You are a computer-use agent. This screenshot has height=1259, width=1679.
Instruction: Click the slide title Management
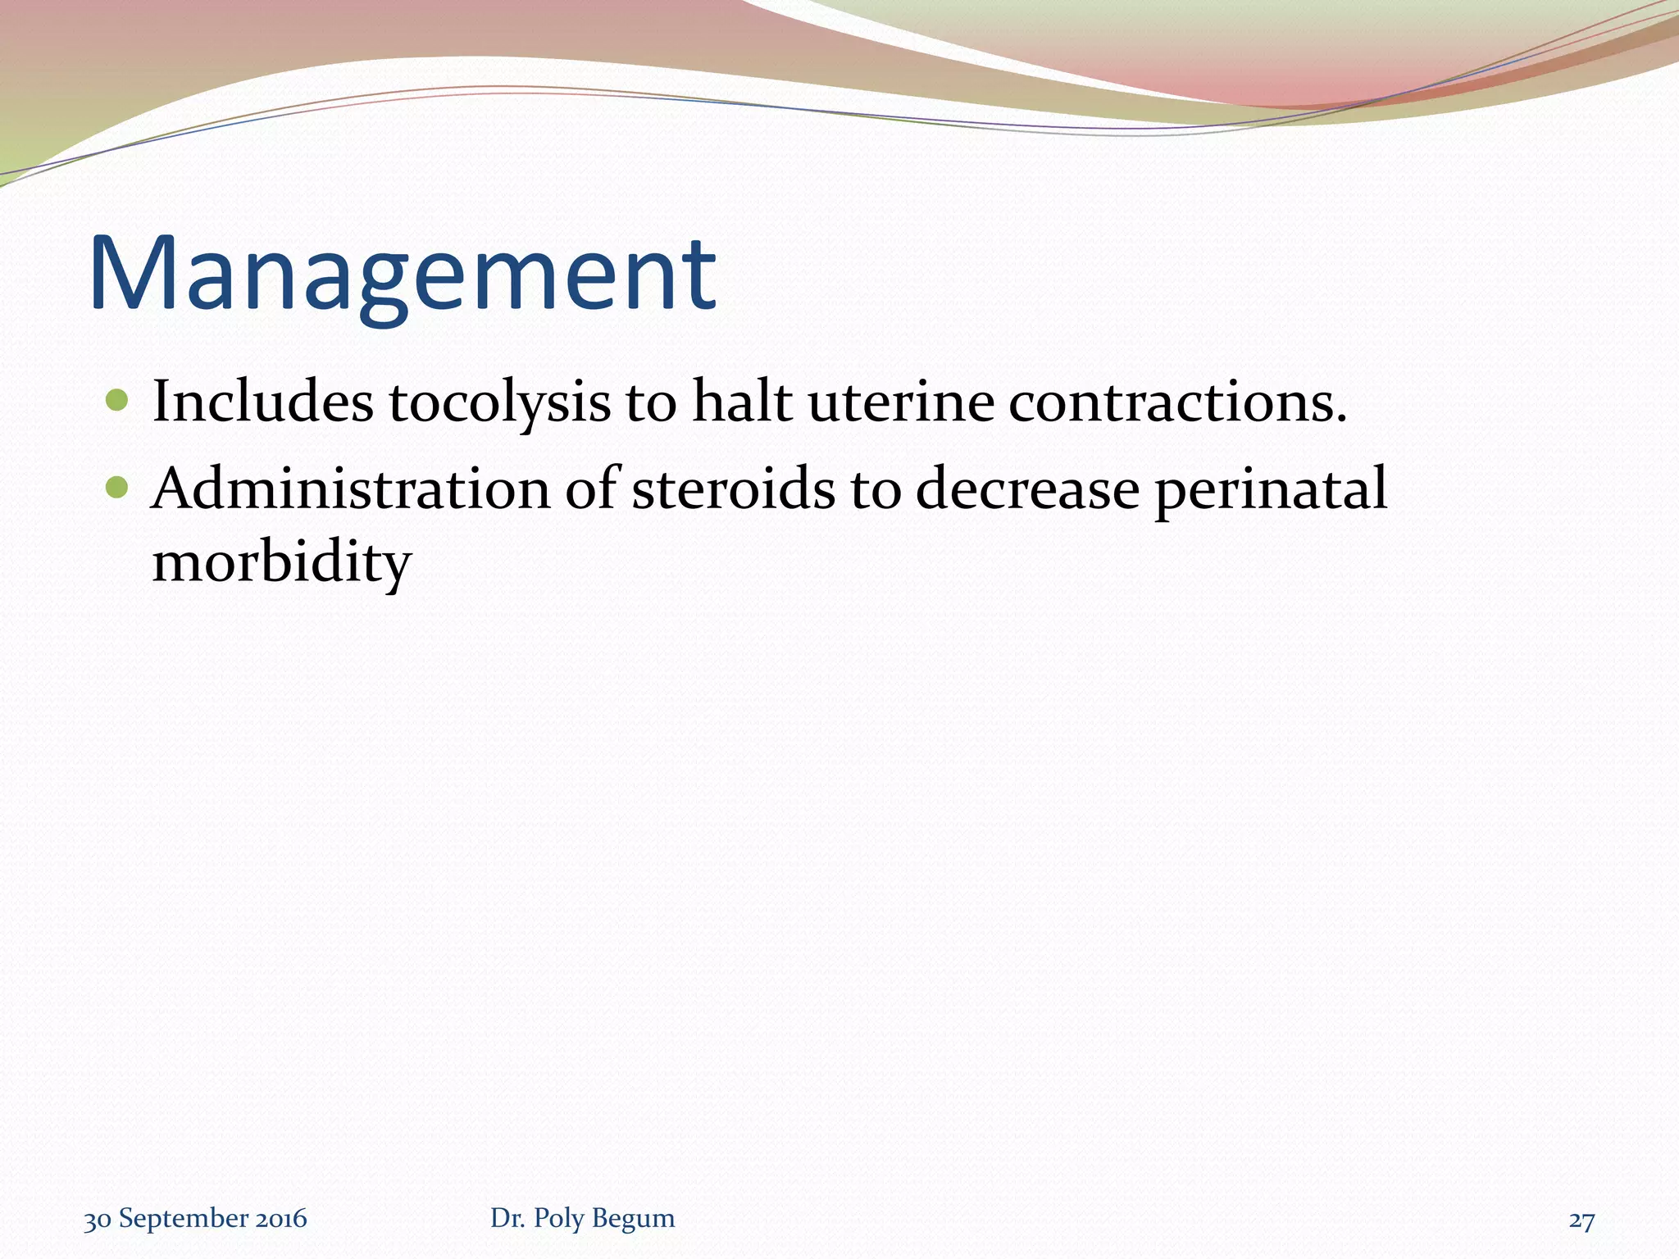pos(403,275)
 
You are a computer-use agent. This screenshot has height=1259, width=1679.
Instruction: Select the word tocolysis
pos(499,403)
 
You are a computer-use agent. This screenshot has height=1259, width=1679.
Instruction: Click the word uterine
pos(901,402)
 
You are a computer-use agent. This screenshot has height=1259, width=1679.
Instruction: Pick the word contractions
pos(1177,402)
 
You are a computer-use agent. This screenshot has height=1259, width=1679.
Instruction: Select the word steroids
pos(733,489)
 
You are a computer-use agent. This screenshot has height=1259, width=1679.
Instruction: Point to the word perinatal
pos(1271,490)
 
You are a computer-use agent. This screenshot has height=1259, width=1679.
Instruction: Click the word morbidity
pos(281,564)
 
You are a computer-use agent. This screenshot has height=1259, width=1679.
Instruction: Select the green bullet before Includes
pos(118,401)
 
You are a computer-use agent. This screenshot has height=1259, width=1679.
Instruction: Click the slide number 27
pos(1581,1220)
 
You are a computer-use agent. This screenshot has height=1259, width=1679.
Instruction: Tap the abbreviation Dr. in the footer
pos(506,1219)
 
